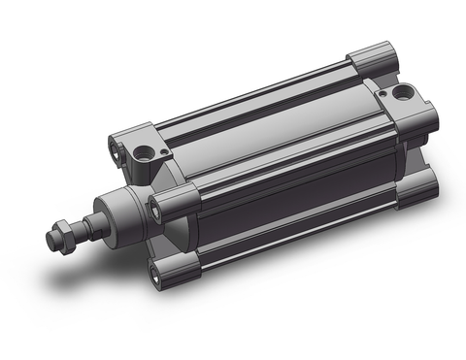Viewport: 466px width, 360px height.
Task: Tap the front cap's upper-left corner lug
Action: coord(132,141)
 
